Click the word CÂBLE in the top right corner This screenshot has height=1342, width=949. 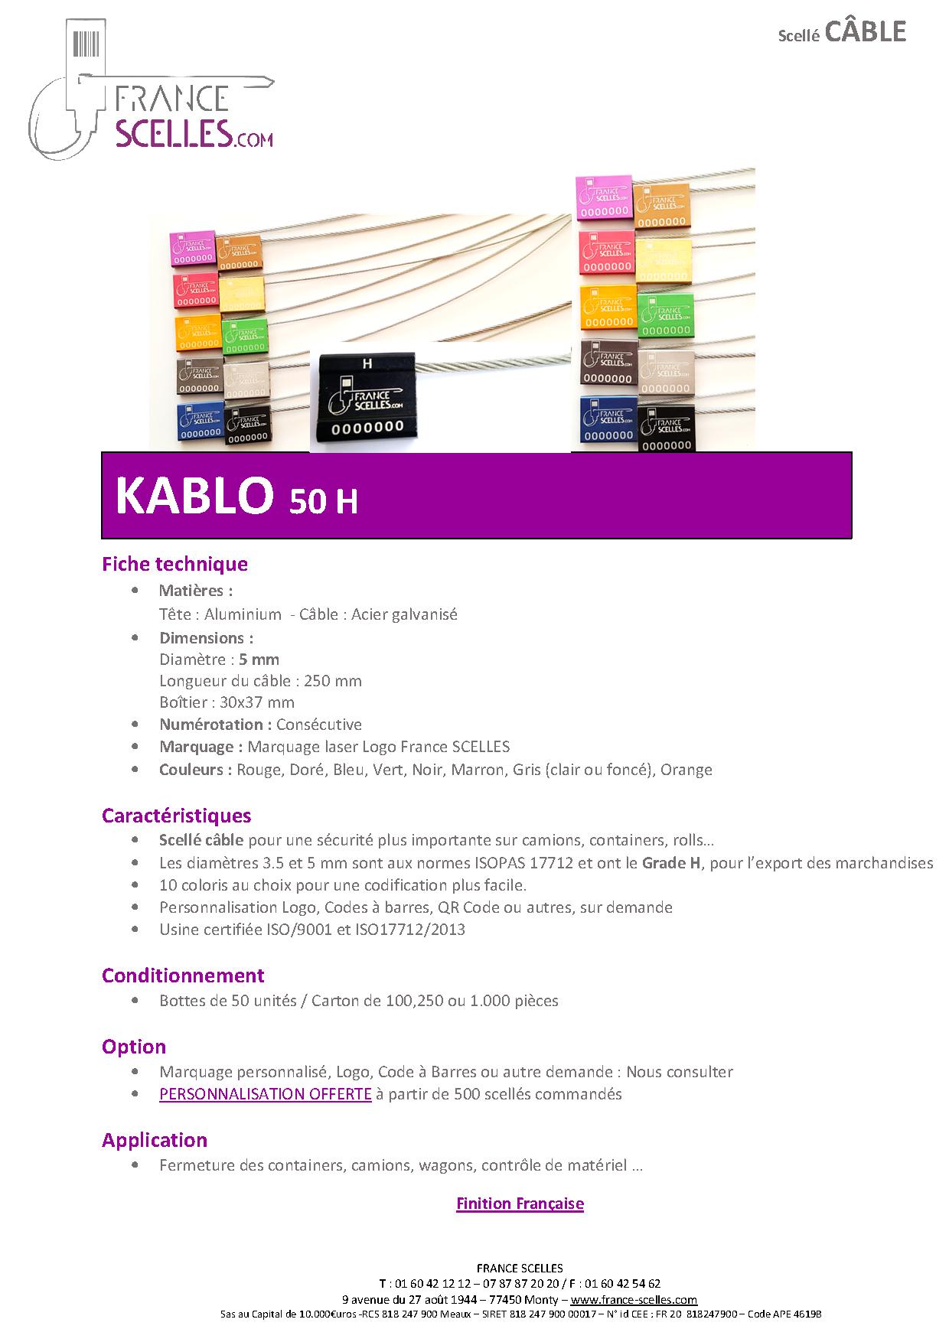(x=866, y=31)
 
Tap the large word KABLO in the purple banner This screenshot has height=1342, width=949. (x=194, y=495)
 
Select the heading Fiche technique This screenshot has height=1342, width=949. (x=174, y=564)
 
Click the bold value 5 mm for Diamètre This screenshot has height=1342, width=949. (x=259, y=660)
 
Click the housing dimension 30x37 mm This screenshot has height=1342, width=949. (x=257, y=702)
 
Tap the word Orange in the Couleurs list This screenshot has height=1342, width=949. (x=686, y=770)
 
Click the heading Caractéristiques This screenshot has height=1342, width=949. (x=177, y=816)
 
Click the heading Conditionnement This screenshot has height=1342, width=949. (x=183, y=976)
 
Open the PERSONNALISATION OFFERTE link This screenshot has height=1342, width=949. (x=266, y=1094)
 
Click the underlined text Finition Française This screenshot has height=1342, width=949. (x=520, y=1204)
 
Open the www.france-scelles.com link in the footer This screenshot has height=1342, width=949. (x=634, y=1300)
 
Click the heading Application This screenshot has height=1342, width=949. (x=155, y=1140)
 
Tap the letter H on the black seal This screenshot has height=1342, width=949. (x=367, y=364)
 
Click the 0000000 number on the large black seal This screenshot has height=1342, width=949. (x=367, y=428)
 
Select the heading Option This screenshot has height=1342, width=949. (x=134, y=1047)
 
